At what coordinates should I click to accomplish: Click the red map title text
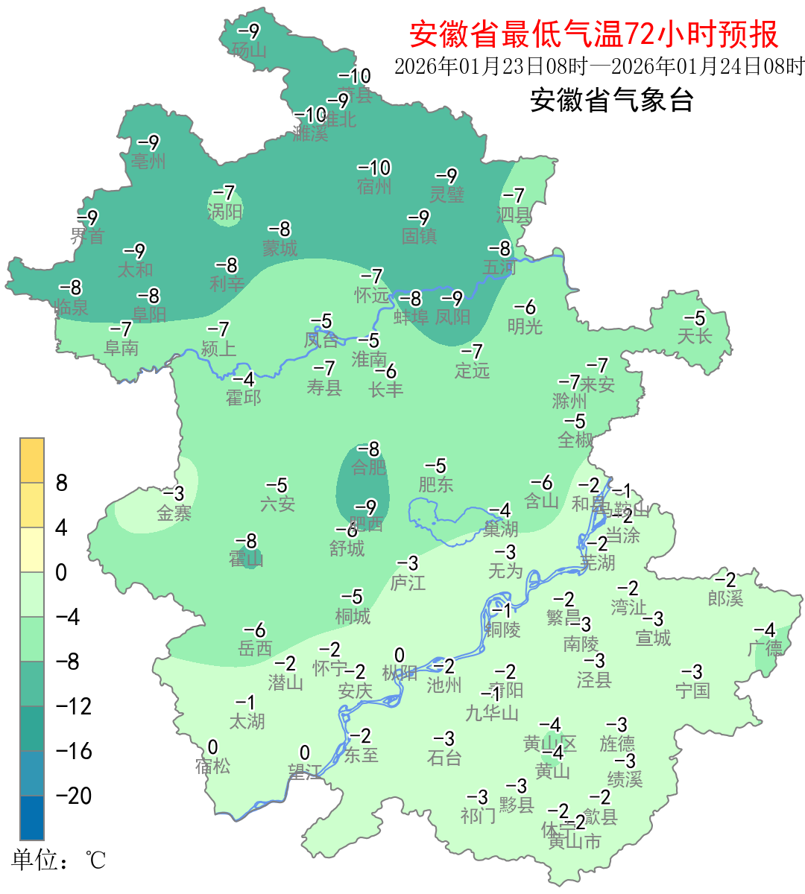[593, 34]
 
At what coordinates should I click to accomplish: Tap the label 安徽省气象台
[611, 100]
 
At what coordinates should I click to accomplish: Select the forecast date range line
[599, 66]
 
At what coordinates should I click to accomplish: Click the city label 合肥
[369, 468]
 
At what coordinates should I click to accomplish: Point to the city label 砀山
[249, 51]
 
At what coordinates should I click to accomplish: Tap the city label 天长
[695, 337]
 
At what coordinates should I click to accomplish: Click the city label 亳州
[148, 162]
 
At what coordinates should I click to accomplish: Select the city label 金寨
[174, 513]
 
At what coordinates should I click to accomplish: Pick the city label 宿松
[213, 766]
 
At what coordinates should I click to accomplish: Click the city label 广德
[765, 649]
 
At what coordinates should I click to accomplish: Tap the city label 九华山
[492, 714]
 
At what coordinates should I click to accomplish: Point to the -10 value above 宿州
[374, 168]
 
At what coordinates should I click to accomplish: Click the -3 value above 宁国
[692, 672]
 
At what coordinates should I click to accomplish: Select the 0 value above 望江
[304, 752]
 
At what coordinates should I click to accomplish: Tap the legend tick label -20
[74, 796]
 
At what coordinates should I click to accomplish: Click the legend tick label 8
[62, 483]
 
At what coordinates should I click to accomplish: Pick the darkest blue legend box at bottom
[32, 818]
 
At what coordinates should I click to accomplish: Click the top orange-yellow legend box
[32, 460]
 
